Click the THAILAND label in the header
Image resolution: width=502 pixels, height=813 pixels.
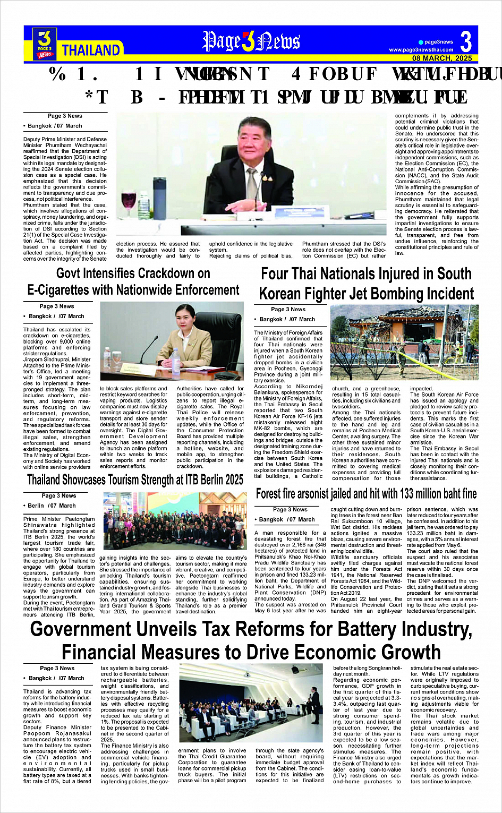point(91,50)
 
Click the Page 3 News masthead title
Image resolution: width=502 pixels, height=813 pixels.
point(251,41)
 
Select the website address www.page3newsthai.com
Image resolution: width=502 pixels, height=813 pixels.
point(421,50)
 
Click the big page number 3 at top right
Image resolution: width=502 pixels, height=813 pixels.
point(466,41)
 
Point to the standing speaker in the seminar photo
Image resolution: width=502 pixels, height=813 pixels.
point(315,701)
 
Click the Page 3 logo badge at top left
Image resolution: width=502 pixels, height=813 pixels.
point(45,43)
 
